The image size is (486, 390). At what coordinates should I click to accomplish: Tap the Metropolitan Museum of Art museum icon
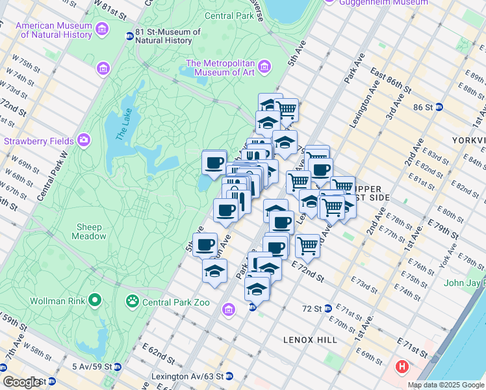[x=264, y=67]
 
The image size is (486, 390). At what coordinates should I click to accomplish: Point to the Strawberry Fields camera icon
[x=83, y=140]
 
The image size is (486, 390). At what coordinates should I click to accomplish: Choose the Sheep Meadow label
[x=88, y=231]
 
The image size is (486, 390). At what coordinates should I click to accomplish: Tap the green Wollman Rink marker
[x=96, y=300]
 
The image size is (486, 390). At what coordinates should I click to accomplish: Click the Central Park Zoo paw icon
[x=133, y=301]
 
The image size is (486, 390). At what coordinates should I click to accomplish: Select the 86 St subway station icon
[x=439, y=107]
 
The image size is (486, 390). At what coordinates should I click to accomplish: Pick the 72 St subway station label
[x=311, y=308]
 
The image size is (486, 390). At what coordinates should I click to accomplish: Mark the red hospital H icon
[x=402, y=367]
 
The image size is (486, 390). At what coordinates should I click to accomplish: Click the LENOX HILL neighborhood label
[x=307, y=340]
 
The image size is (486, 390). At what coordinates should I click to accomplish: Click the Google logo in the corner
[x=22, y=382]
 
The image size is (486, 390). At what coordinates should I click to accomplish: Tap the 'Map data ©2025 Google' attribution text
[x=446, y=385]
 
